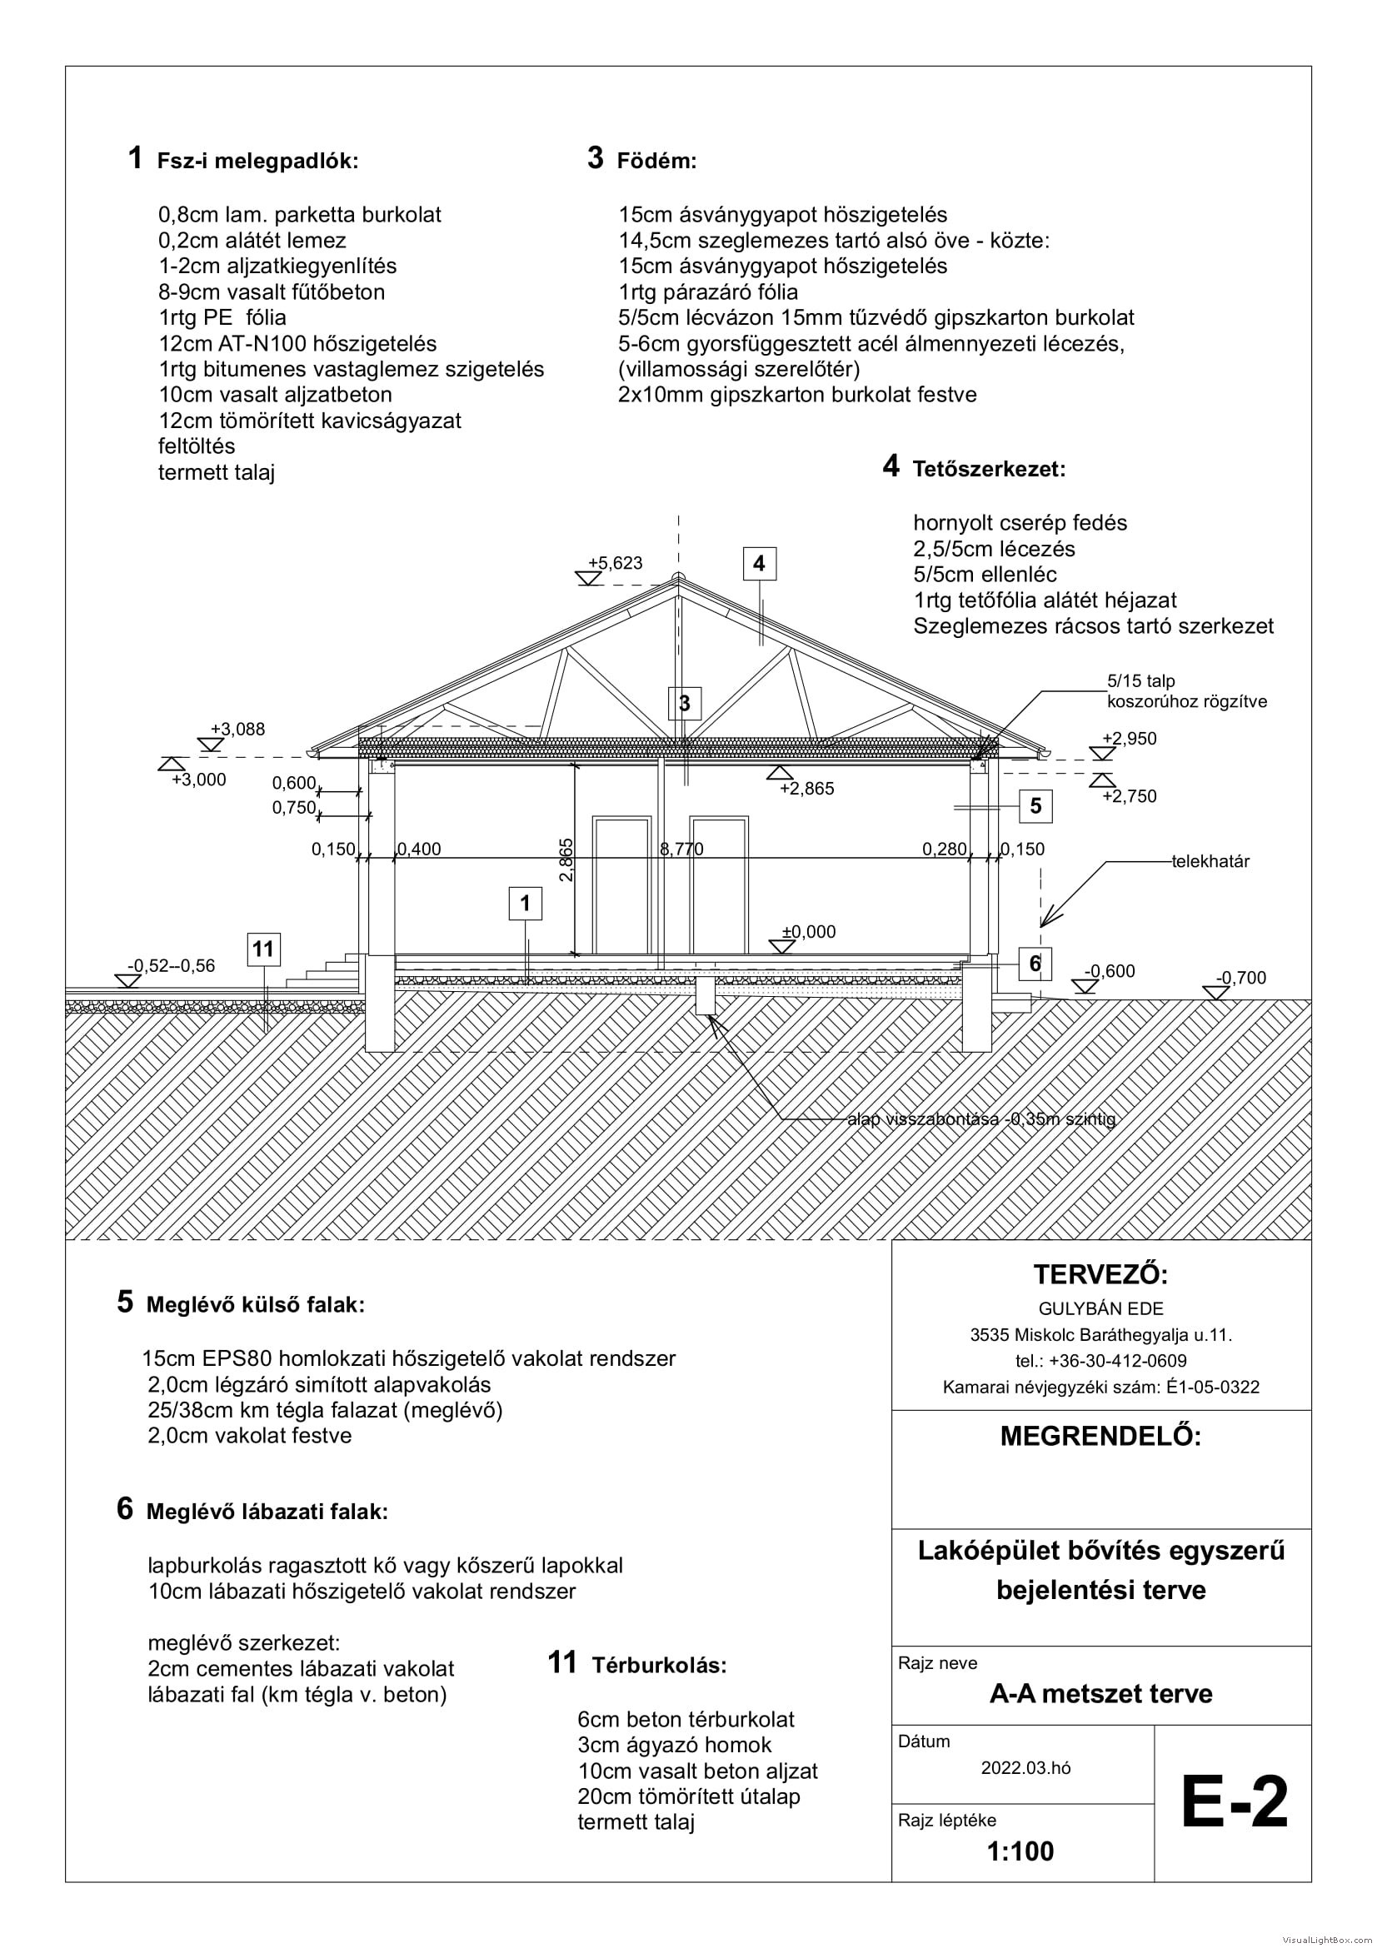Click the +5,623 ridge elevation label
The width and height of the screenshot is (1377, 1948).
tap(615, 563)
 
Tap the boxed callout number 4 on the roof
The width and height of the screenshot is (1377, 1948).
tap(759, 563)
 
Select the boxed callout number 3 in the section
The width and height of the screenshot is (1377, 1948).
tap(685, 703)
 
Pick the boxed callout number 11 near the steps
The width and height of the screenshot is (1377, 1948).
tap(263, 949)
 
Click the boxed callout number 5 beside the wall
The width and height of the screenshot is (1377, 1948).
tap(1035, 806)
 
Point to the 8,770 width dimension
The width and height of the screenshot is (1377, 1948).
tap(682, 849)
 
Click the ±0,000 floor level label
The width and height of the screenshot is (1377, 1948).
tap(809, 932)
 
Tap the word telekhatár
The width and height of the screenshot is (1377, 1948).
tap(1210, 862)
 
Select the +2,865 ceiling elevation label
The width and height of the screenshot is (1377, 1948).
tap(807, 788)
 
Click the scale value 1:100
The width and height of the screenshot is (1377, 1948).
tap(1020, 1851)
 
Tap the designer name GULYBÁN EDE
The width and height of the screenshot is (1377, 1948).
tap(1101, 1308)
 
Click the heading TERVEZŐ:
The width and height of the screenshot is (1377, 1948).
tap(1101, 1274)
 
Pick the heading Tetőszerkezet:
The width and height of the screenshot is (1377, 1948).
tap(990, 469)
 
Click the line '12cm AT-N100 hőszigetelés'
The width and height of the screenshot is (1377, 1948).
tap(297, 344)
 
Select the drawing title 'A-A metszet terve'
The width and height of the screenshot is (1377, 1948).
tap(1101, 1693)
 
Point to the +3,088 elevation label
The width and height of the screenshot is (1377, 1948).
tap(237, 729)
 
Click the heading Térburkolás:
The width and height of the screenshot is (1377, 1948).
tap(659, 1666)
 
